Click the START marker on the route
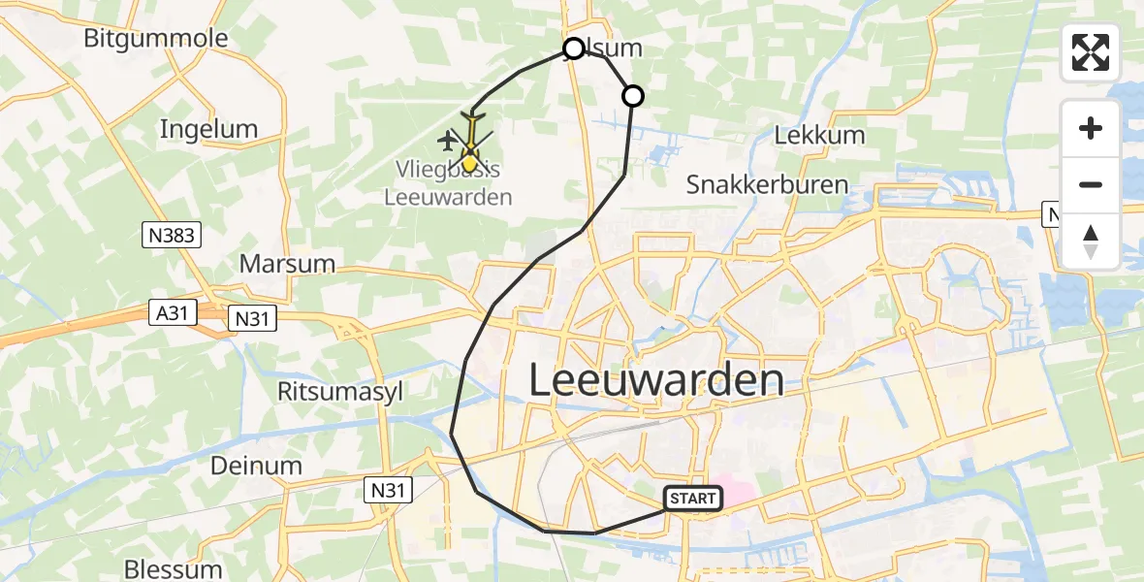[693, 499]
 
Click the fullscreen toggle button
[1091, 52]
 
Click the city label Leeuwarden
[656, 380]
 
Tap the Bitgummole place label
[156, 39]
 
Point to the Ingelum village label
[208, 129]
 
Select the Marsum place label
[287, 264]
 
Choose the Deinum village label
[256, 466]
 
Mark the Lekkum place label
[819, 135]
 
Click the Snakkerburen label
[767, 184]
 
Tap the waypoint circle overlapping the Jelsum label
[574, 48]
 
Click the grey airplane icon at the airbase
[447, 142]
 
